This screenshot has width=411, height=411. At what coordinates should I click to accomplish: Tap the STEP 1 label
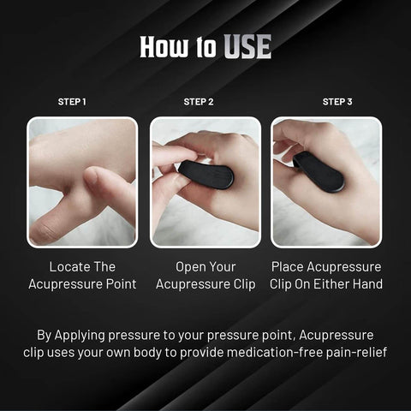72,102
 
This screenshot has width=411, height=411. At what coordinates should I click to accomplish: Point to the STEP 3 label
337,102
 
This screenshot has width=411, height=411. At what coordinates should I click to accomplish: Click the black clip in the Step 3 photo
319,171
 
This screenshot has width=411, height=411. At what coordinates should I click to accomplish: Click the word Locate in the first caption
70,266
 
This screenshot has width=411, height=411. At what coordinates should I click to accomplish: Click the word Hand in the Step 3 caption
369,284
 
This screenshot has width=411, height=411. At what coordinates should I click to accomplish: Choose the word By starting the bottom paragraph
45,334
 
